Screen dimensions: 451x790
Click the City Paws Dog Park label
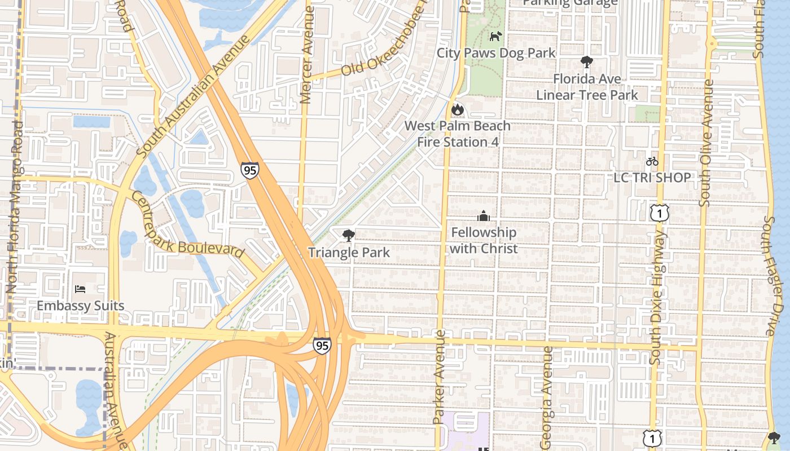(x=496, y=53)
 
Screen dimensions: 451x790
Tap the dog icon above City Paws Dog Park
(x=495, y=37)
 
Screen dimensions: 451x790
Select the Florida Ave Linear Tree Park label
(x=587, y=87)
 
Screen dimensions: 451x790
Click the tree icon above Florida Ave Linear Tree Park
(x=587, y=62)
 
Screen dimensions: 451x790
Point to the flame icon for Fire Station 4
(x=457, y=109)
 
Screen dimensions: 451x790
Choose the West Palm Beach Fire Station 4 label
(x=458, y=134)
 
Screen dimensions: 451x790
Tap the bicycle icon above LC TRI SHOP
(x=652, y=161)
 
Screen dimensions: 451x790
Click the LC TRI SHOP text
(x=652, y=178)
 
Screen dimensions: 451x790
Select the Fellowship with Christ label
(x=484, y=240)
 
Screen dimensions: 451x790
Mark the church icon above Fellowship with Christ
(x=484, y=216)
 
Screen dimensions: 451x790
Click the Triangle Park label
(x=349, y=252)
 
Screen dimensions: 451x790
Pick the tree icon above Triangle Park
(x=349, y=236)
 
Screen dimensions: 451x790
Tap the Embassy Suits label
(x=80, y=306)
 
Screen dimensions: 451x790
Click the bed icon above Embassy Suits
(x=80, y=289)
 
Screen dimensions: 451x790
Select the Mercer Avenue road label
(x=307, y=55)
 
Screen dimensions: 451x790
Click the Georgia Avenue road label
(x=546, y=397)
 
